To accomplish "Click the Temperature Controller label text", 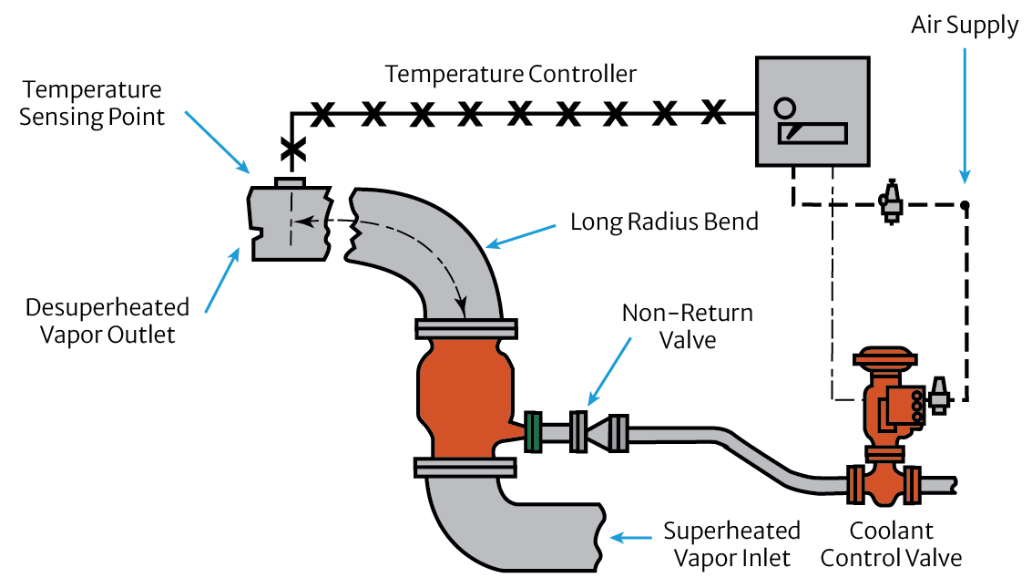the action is [510, 74].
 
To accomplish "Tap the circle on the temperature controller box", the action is [784, 108].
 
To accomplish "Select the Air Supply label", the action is [965, 25].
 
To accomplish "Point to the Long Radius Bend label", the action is [664, 222].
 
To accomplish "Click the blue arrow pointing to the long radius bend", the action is [521, 237].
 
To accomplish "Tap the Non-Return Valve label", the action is [688, 326].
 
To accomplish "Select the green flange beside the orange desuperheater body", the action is [533, 432].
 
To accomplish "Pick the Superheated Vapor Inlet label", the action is [732, 544].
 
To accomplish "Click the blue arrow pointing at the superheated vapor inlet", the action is [630, 538].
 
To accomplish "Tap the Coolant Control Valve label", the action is [891, 544].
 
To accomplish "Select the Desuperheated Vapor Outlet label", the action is [107, 321].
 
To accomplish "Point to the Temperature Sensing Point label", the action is [91, 103].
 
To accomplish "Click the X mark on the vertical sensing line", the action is [293, 150].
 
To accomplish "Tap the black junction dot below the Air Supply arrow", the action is [965, 205].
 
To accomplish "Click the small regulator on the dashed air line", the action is [892, 201].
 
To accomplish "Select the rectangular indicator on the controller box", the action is [812, 134].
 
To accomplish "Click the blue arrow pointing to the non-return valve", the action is [609, 371].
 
